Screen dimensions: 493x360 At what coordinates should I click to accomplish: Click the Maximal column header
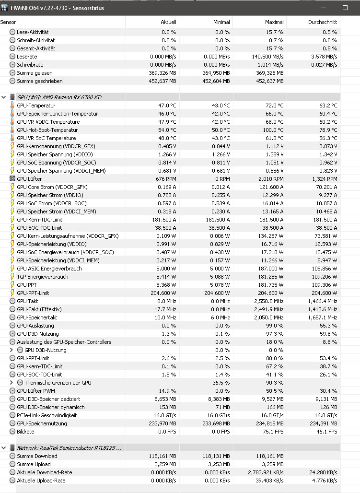[274, 22]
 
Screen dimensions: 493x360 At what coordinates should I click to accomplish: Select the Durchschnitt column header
[322, 22]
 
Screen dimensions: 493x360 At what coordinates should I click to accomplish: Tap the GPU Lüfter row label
[29, 179]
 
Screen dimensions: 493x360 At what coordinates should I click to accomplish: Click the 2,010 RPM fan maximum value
[271, 179]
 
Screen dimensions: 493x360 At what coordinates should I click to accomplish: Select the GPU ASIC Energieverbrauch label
[49, 269]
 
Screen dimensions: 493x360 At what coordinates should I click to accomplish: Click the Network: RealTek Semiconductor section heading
[69, 448]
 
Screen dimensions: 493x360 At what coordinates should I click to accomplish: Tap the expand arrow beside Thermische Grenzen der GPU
[12, 383]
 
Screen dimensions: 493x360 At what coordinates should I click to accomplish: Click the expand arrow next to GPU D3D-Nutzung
[12, 350]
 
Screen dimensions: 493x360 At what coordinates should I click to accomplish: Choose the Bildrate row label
[25, 432]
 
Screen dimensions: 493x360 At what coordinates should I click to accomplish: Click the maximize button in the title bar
[345, 8]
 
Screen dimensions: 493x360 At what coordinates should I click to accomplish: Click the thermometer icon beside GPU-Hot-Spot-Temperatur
[12, 130]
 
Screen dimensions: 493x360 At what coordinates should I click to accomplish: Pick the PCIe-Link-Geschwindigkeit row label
[47, 415]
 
